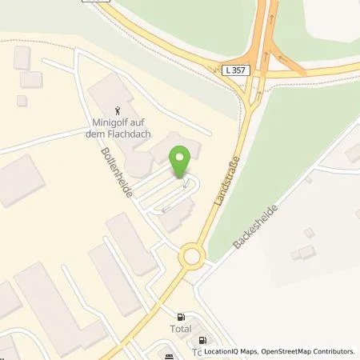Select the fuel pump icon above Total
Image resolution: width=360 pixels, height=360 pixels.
tap(181, 316)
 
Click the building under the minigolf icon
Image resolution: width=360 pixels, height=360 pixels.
tap(112, 96)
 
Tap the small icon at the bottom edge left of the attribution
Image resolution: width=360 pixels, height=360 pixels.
tap(169, 356)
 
